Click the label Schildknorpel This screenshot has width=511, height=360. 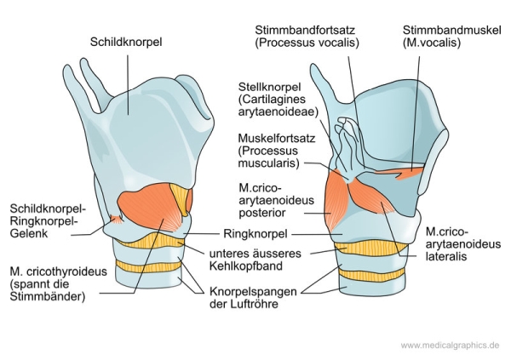pyautogui.click(x=125, y=40)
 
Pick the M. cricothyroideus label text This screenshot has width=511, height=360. pyautogui.click(x=58, y=272)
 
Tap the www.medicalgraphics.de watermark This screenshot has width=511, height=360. pyautogui.click(x=450, y=345)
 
